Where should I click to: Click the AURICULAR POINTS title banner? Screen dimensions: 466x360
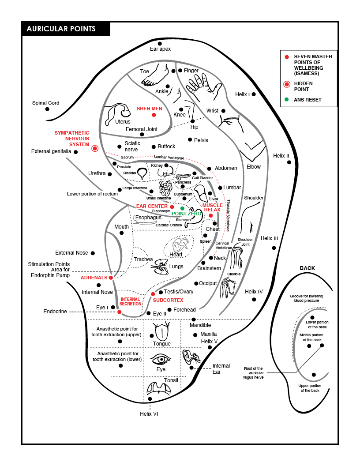coord(65,29)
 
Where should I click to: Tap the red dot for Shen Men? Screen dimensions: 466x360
coord(154,115)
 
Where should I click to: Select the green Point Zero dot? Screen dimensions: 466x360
coord(182,208)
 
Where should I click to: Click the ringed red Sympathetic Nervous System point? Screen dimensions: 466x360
coord(95,149)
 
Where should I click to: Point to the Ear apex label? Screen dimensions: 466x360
coord(160,49)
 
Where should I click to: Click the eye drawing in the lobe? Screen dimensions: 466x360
coord(161,358)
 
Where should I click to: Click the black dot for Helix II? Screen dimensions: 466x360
coord(289,162)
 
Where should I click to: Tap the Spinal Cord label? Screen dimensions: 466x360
coord(45,103)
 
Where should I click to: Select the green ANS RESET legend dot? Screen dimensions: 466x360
coord(287,100)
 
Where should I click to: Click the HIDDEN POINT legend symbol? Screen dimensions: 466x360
coord(287,84)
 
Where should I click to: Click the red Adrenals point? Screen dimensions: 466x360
coord(111,278)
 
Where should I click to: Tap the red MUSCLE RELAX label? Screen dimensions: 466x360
coord(212,207)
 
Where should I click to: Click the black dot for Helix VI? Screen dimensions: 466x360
coord(150,399)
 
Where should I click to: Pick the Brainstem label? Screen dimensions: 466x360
coord(209,268)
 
